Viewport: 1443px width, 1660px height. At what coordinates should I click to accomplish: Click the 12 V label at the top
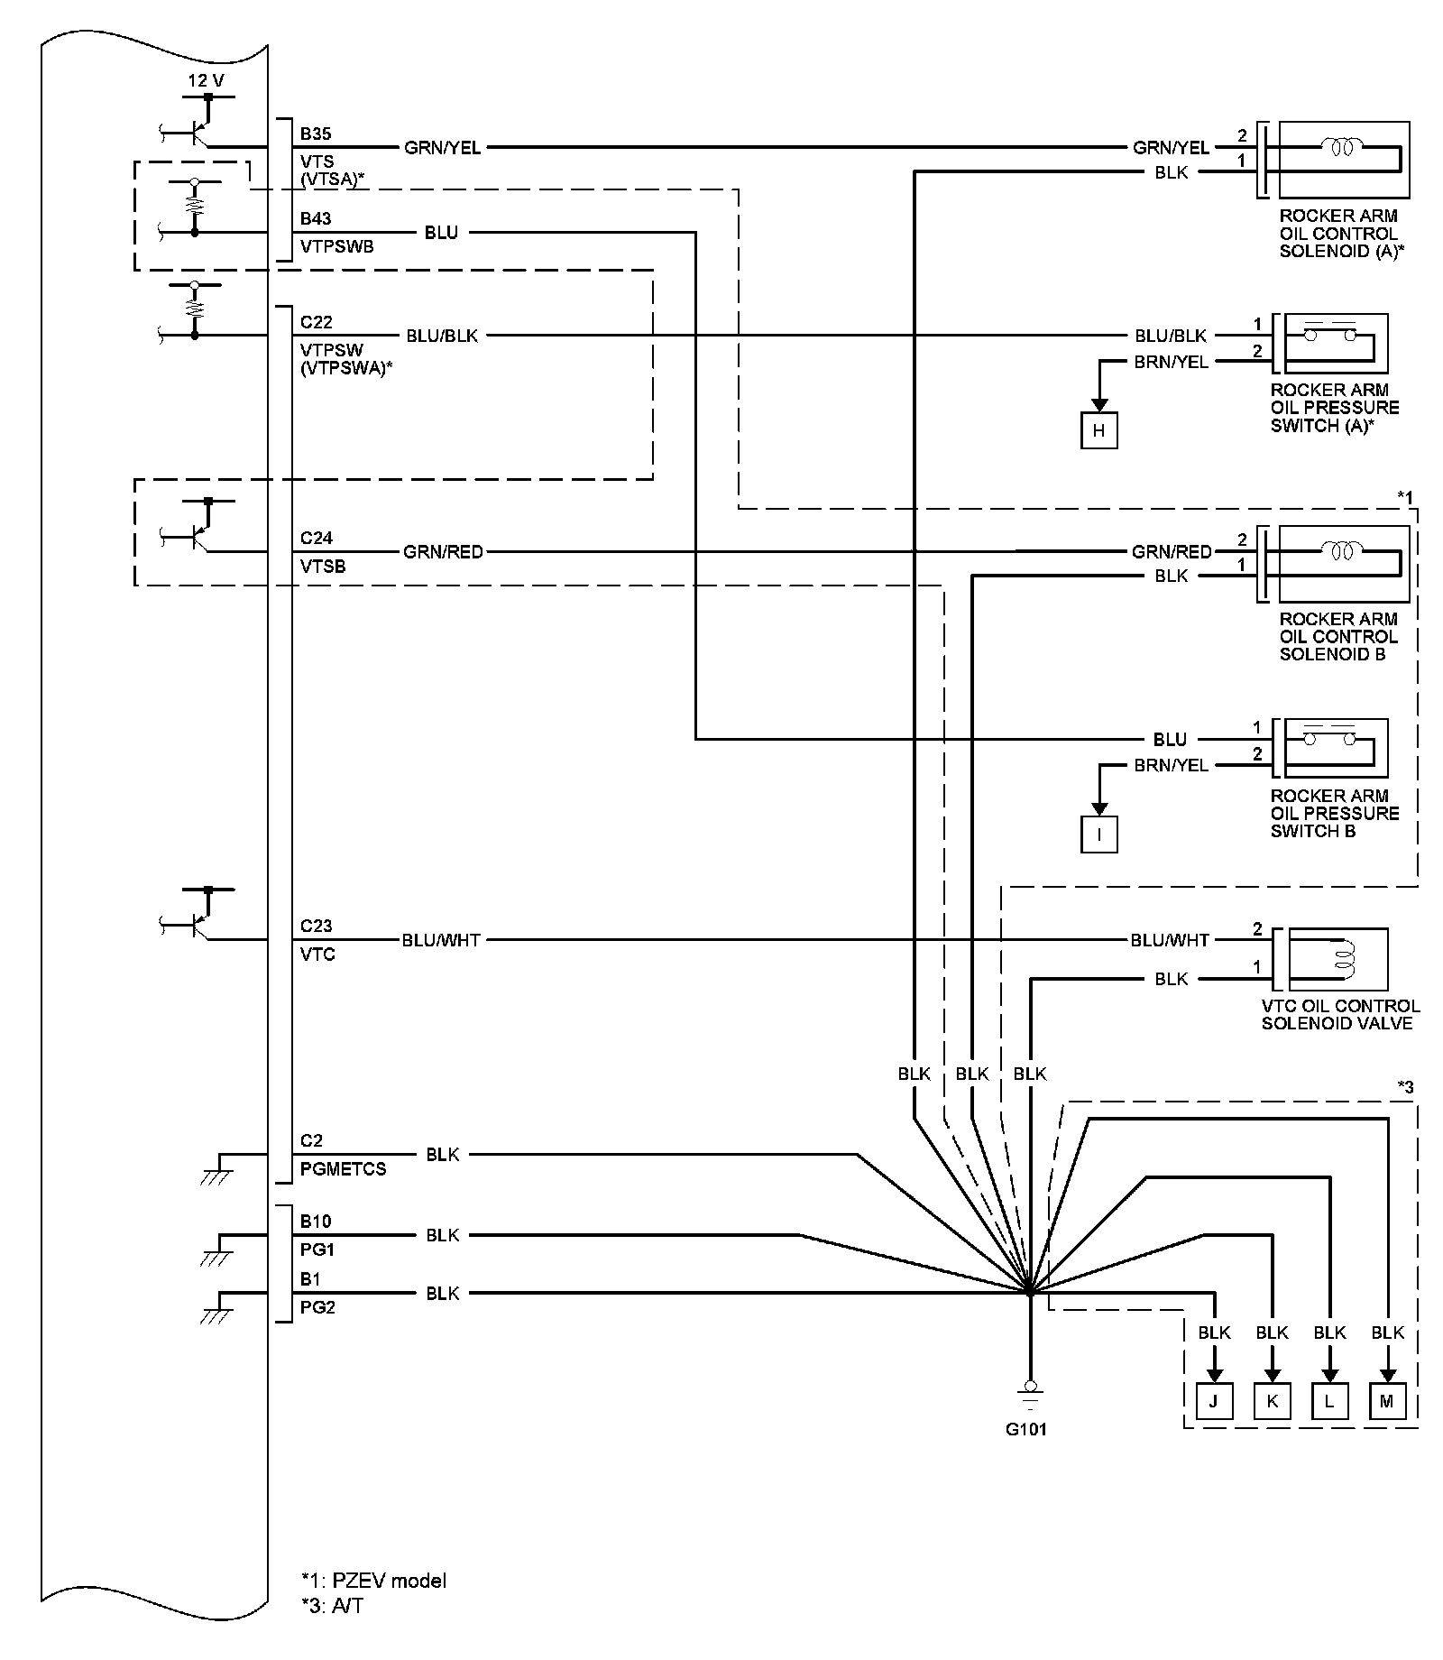206,81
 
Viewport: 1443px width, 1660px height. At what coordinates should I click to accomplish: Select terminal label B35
316,134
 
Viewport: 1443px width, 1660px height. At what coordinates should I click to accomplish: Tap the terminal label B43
316,218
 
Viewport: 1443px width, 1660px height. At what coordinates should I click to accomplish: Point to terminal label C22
317,322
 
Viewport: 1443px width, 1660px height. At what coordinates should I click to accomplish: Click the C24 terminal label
317,538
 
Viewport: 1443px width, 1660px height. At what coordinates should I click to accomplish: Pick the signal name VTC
317,954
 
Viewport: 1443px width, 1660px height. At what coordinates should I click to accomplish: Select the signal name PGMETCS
343,1168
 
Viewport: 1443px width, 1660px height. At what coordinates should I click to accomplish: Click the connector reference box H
1098,430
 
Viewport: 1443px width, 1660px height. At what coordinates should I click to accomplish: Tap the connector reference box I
1098,835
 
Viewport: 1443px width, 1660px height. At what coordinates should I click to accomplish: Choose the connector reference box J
1214,1401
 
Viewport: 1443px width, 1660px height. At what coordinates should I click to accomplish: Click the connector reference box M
1387,1401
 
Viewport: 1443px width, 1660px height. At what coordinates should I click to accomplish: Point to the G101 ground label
1026,1429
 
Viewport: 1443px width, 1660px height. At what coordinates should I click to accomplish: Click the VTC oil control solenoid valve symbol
1338,960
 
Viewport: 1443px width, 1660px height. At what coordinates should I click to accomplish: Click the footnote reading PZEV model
374,1581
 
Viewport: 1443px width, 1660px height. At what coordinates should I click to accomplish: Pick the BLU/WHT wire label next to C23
441,940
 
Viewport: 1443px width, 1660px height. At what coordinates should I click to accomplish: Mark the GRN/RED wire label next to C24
443,551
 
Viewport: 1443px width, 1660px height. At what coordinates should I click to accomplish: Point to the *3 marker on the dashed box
1405,1088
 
